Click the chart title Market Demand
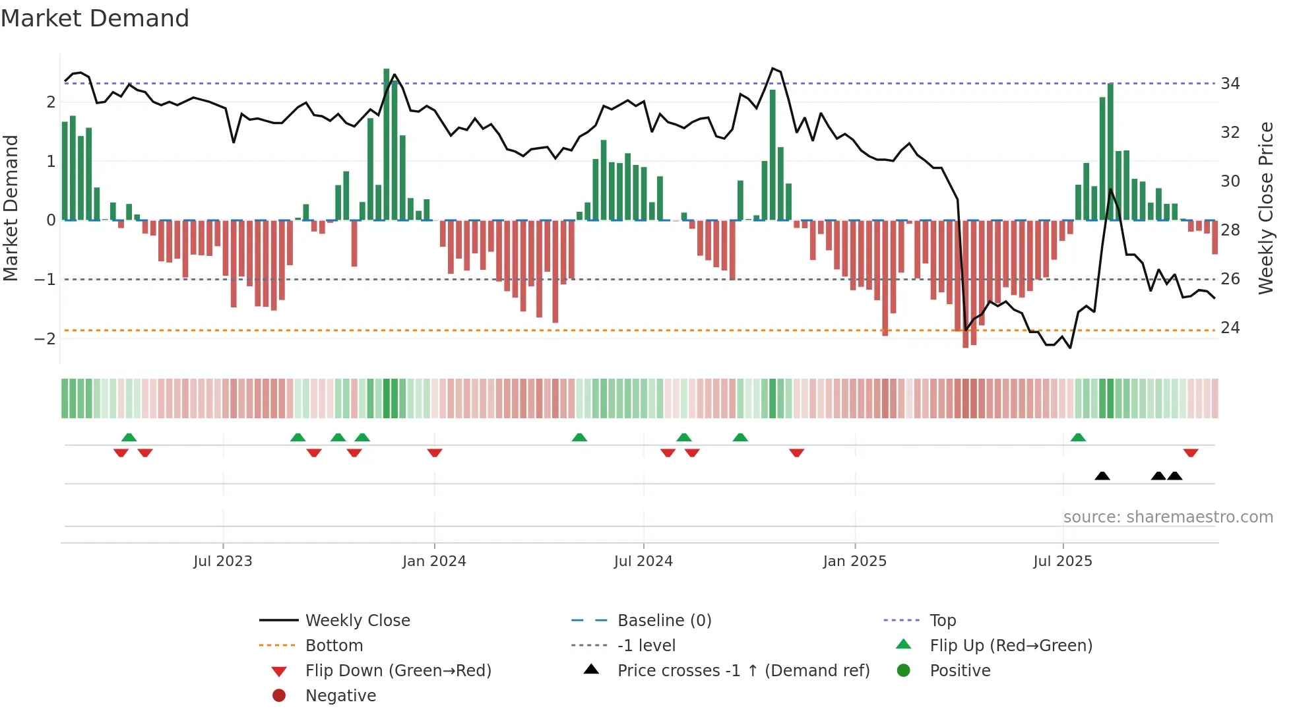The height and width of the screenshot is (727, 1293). (95, 18)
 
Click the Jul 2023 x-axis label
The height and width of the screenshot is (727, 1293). (223, 561)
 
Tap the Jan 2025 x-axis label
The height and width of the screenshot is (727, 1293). (855, 561)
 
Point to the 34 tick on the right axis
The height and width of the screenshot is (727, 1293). (1230, 84)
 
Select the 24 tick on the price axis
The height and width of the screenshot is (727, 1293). (1230, 328)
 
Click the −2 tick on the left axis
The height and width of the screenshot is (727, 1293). (45, 339)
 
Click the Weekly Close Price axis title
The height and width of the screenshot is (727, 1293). (1266, 208)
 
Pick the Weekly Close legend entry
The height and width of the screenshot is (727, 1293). (357, 621)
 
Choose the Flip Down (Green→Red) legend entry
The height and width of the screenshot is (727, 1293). (398, 671)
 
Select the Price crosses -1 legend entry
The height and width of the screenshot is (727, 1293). (743, 671)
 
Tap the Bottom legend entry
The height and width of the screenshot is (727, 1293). (334, 646)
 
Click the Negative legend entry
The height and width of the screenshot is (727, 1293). (340, 696)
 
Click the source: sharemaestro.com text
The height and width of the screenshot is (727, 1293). (1168, 517)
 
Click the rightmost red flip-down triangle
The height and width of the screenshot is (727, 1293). (1191, 453)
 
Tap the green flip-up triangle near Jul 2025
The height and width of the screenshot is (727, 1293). (1078, 437)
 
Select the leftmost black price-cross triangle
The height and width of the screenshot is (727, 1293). (1102, 476)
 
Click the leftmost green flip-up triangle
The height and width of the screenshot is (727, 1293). (129, 437)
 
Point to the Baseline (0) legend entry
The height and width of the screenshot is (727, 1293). (664, 621)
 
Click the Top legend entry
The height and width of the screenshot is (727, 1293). (942, 621)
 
